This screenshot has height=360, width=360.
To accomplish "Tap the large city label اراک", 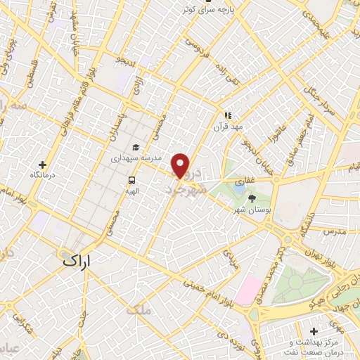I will pos(77,259).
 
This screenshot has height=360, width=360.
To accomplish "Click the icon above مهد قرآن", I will pos(228,115).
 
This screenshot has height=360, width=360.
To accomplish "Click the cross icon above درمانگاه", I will pos(43,163).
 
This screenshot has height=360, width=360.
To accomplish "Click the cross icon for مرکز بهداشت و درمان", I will pos(314,330).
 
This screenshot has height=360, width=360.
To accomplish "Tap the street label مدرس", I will pos(337,231).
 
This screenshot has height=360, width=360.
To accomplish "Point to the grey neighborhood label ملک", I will pos(138,308).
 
